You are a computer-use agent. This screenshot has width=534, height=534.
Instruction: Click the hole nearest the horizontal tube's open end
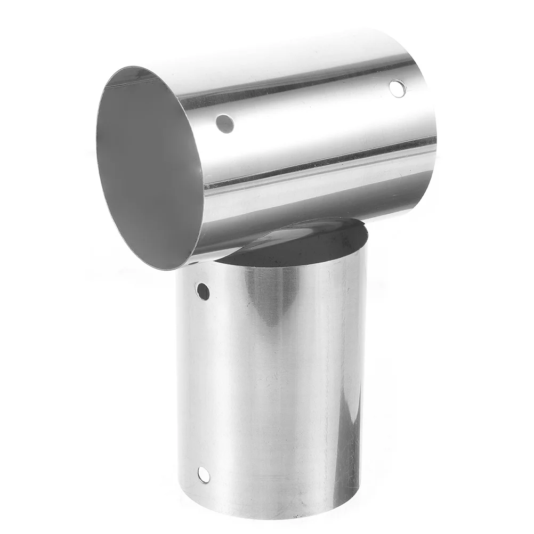click(x=225, y=124)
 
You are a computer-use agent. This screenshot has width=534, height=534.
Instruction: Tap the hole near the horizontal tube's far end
click(x=397, y=88)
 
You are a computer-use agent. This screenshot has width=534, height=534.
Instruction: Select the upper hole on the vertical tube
click(x=203, y=291)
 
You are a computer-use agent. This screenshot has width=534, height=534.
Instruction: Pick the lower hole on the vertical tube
click(x=204, y=474)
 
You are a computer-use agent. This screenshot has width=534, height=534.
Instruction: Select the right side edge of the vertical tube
click(x=365, y=373)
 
